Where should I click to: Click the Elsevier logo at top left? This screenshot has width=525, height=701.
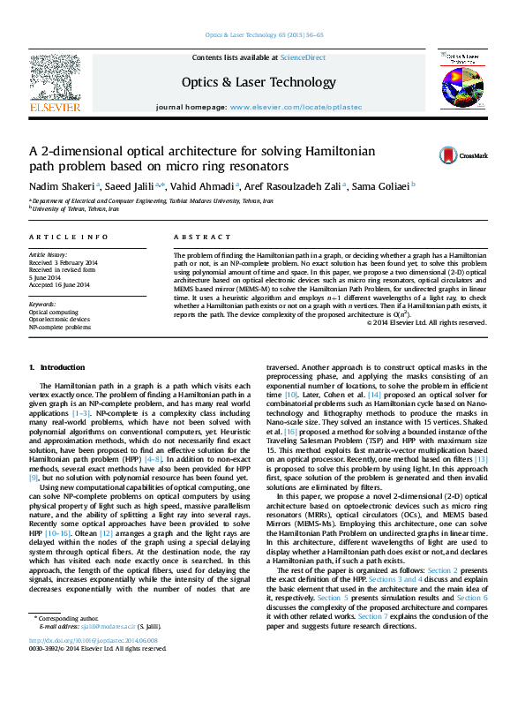56,83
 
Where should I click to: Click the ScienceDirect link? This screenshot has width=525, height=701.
303,57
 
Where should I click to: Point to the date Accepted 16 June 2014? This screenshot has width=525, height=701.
59,284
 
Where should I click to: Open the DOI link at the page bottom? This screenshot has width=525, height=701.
100,665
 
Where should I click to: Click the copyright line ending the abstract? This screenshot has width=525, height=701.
441,321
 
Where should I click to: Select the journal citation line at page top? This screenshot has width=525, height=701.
264,35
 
